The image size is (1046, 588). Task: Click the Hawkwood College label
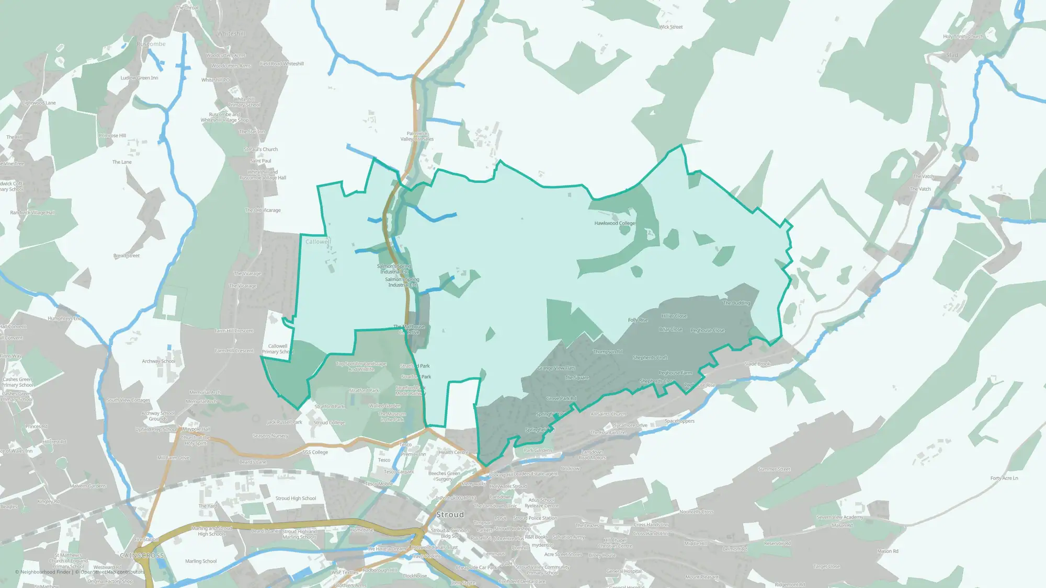point(615,223)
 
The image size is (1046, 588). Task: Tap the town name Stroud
point(450,515)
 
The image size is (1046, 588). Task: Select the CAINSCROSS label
point(142,556)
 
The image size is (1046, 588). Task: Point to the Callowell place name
point(318,241)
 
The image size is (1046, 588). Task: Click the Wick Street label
point(670,27)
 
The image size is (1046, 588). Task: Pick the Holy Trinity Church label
point(963,37)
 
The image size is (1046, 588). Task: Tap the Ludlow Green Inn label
point(139,78)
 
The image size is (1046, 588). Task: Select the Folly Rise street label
point(638,320)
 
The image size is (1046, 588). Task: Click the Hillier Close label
point(674,316)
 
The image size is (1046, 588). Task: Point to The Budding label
point(736,303)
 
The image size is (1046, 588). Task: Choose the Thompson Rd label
point(608,352)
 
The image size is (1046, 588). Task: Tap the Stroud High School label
point(295,499)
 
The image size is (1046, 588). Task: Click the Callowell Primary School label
point(278,349)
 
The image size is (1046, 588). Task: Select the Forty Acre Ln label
point(1004,478)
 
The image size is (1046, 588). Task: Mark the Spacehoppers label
point(679,421)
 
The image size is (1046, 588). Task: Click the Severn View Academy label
point(839,517)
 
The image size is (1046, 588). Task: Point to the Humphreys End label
point(65,318)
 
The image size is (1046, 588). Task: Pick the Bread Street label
point(127,256)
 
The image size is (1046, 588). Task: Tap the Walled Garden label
point(384,406)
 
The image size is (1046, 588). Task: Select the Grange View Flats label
point(556,368)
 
